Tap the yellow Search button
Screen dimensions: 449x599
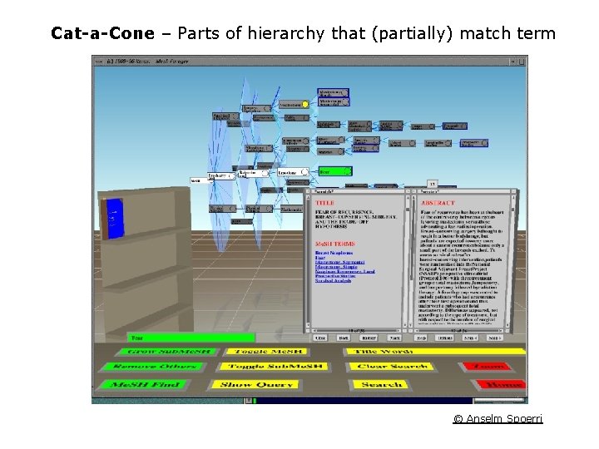pyautogui.click(x=381, y=384)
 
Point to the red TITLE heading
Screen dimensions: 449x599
pyautogui.click(x=325, y=202)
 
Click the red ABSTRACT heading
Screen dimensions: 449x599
pyautogui.click(x=439, y=202)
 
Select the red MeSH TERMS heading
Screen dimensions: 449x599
pyautogui.click(x=336, y=244)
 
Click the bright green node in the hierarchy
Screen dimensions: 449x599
pyautogui.click(x=335, y=171)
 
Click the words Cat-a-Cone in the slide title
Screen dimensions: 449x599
pyautogui.click(x=102, y=33)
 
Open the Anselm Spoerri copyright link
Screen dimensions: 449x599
pyautogui.click(x=498, y=418)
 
